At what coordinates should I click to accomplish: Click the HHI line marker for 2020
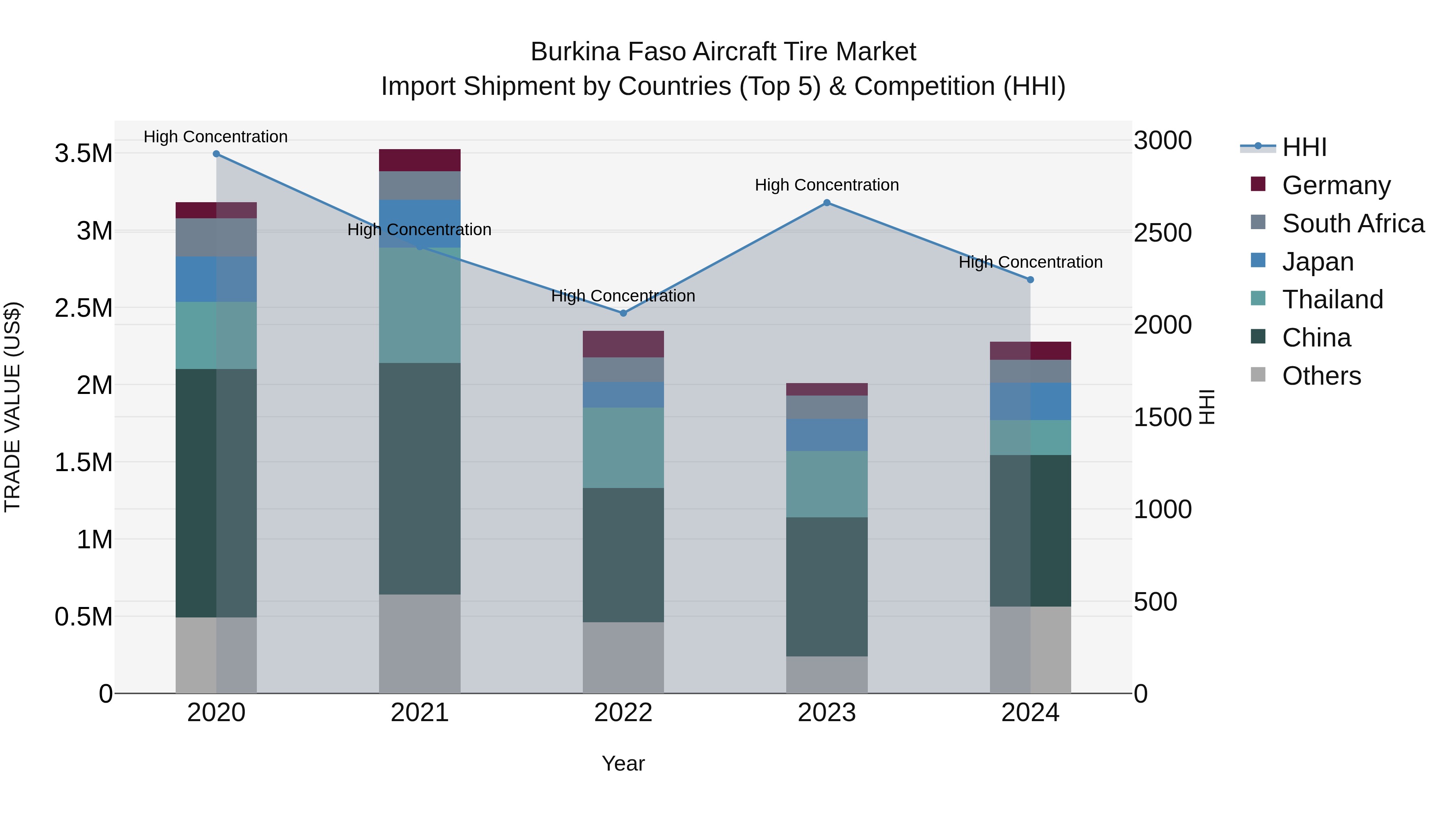point(216,154)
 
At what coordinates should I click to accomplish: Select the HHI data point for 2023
point(826,203)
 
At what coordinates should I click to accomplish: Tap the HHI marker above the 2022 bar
point(623,313)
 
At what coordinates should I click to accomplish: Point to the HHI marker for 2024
point(1030,280)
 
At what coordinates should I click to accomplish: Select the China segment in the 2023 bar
point(826,586)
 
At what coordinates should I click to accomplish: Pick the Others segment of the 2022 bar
point(623,657)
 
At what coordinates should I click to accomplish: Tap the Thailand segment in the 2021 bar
point(420,305)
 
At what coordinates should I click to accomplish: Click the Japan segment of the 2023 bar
point(826,435)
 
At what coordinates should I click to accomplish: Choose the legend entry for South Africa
point(1353,223)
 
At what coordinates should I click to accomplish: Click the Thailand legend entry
point(1332,299)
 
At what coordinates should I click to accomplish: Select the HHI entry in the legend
point(1304,147)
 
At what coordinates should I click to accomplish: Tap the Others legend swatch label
point(1321,376)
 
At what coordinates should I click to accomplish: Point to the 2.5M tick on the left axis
point(84,308)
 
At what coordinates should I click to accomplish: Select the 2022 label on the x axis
point(623,713)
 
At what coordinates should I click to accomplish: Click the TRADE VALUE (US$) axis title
point(12,407)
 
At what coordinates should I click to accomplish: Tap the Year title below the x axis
point(623,763)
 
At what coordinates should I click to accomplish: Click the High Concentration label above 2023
point(826,185)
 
